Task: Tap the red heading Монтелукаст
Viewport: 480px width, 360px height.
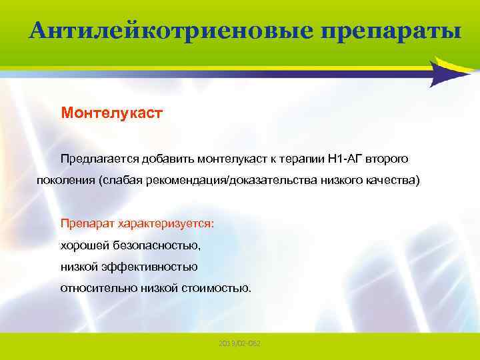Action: (x=111, y=113)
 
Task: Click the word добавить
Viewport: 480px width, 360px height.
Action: (x=172, y=159)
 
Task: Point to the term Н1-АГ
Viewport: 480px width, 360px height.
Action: (x=347, y=159)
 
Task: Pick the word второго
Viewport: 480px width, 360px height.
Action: (x=391, y=159)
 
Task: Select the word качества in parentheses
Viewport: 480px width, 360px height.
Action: (x=395, y=181)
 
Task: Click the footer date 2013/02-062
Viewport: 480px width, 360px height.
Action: (x=239, y=343)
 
